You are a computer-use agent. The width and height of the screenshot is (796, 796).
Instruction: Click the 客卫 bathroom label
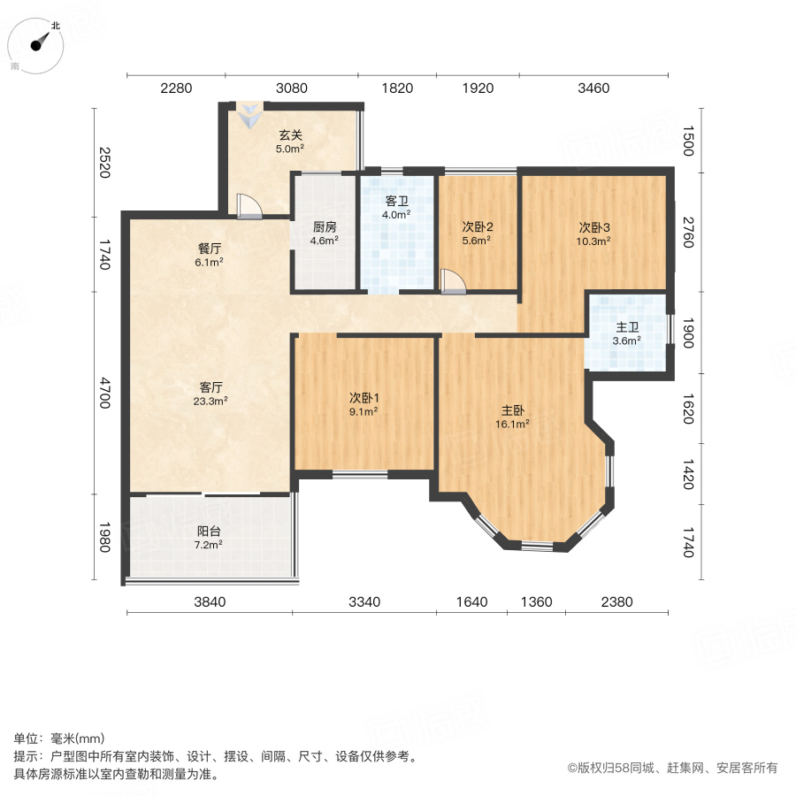point(397,201)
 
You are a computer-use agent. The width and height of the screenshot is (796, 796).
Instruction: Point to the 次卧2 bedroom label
point(476,226)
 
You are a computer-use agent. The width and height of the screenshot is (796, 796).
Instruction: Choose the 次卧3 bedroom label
point(594,226)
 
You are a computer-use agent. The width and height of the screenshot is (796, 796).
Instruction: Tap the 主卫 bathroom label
point(628,326)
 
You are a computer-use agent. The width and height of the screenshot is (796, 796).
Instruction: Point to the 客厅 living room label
point(210,387)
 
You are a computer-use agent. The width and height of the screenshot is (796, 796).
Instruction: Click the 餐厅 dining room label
point(210,249)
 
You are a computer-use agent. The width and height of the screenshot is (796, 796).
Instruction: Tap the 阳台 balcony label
point(209,532)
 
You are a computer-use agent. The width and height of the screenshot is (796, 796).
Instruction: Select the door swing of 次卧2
point(454,282)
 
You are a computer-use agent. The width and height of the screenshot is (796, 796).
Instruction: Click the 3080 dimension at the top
point(292,88)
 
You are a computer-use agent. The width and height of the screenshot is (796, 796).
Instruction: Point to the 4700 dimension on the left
point(105,394)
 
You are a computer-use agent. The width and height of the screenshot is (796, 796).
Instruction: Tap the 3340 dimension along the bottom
point(364,602)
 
